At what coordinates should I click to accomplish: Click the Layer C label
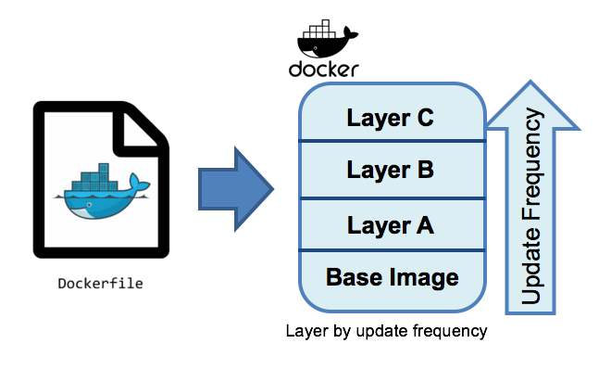390,118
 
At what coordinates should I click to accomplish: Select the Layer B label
390,171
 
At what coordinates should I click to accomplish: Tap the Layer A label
390,224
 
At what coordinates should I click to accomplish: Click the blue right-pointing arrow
236,189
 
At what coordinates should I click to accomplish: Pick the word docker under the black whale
323,70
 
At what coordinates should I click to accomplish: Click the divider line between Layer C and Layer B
390,142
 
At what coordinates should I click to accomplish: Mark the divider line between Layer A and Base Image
390,249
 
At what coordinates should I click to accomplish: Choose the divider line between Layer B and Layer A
390,196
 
